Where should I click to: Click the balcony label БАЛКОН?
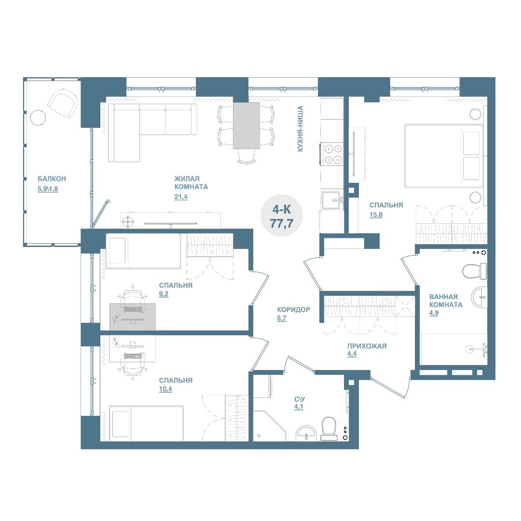52,179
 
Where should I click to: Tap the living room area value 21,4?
181,197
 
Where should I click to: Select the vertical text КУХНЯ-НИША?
300,129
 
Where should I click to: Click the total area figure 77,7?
281,224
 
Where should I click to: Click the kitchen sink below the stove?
332,200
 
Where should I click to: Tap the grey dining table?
246,125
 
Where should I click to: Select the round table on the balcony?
38,117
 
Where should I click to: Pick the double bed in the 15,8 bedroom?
444,156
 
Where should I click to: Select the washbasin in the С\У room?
306,434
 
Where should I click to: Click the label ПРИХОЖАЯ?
367,346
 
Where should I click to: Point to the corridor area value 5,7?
281,318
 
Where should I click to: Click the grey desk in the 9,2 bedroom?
133,316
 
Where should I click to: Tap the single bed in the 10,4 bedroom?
146,424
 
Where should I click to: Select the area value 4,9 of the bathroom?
434,313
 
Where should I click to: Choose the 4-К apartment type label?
281,209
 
